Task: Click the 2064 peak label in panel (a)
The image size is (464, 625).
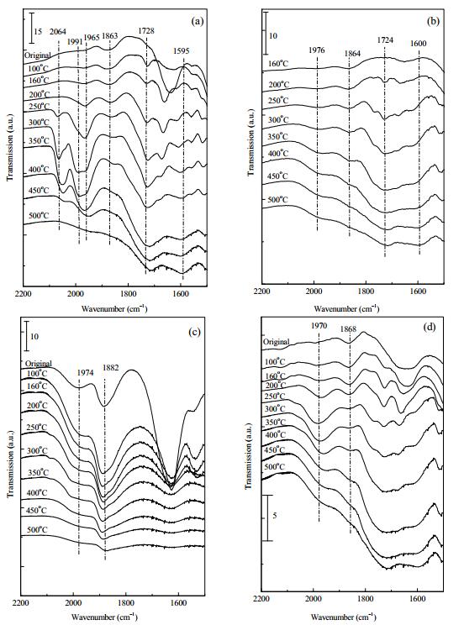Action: tap(58, 32)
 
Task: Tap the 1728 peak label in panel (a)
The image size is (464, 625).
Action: tap(146, 31)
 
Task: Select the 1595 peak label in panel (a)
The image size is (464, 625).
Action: tap(181, 51)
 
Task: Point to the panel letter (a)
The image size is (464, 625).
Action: tap(197, 21)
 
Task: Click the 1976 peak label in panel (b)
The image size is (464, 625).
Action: tap(316, 50)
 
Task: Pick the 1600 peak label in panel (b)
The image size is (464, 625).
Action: tap(418, 44)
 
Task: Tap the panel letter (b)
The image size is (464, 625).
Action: tap(433, 21)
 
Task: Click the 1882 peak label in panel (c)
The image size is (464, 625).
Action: tap(110, 367)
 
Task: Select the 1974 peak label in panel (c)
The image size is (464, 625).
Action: tap(85, 373)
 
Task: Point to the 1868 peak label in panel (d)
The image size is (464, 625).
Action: tap(348, 329)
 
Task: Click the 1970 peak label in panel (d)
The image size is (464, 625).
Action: tap(319, 326)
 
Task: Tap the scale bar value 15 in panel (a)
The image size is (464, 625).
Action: tap(38, 31)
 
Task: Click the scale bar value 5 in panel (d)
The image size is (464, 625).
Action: tap(275, 516)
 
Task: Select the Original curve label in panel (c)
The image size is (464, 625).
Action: tap(39, 364)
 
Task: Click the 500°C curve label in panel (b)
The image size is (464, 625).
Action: tap(278, 199)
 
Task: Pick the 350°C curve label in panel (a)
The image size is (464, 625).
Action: tap(39, 140)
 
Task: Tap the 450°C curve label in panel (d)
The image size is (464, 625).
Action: tap(275, 450)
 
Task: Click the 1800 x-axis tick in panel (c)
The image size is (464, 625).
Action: tap(126, 602)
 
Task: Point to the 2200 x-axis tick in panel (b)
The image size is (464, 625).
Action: tap(261, 291)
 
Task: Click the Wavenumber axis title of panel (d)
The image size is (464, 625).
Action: tap(344, 617)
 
